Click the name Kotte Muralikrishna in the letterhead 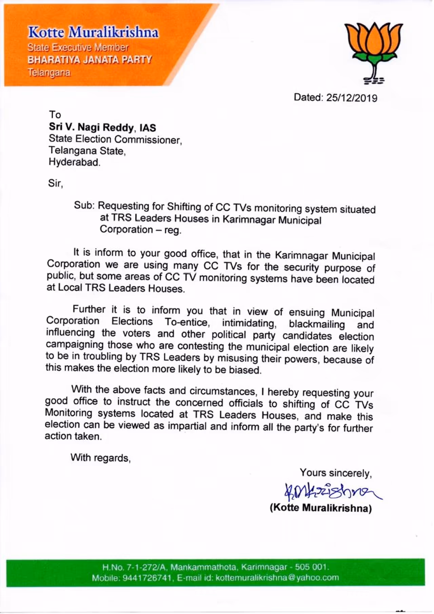click(x=93, y=33)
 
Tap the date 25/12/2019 click(x=352, y=98)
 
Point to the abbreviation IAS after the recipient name click(x=147, y=128)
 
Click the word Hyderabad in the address click(x=74, y=162)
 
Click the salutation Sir click(x=55, y=183)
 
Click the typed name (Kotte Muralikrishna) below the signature click(x=320, y=508)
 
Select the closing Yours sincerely click(x=336, y=473)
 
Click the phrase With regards click(x=100, y=458)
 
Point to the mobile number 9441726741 click(x=147, y=578)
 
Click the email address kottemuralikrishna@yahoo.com click(x=277, y=578)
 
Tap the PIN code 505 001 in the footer click(x=311, y=567)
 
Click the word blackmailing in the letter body click(x=316, y=324)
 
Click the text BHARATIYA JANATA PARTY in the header click(x=90, y=60)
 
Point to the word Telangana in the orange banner click(x=49, y=72)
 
